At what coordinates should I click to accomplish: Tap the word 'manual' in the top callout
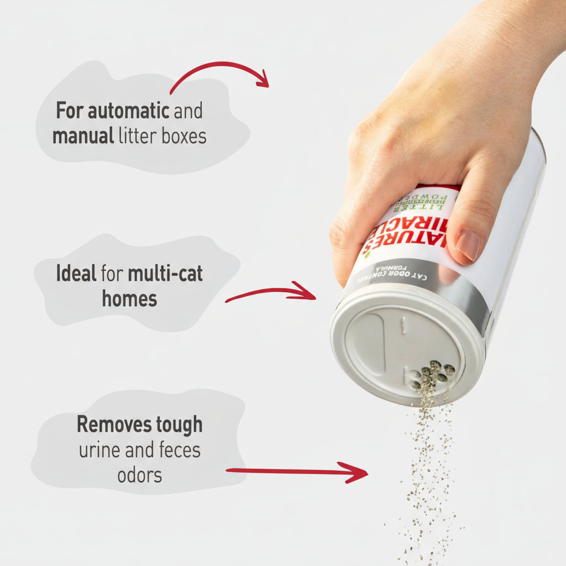pos(83,135)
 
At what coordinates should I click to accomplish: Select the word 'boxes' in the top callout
pos(184,135)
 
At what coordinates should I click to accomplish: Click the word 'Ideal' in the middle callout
pos(76,273)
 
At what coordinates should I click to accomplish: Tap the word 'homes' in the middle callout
pos(129,299)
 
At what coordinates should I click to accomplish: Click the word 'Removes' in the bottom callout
pos(114,425)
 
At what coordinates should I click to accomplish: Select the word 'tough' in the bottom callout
pos(179,425)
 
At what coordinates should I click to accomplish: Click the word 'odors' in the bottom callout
pos(139,475)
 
